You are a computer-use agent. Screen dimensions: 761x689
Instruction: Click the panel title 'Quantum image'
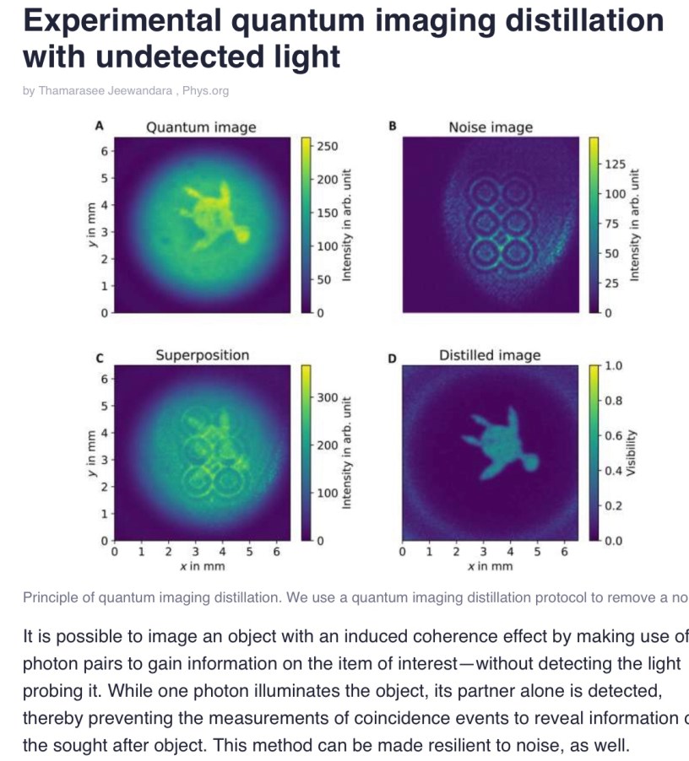point(201,127)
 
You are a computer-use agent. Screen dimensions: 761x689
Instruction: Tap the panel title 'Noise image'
point(491,127)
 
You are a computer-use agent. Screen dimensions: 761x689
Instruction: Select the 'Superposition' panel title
point(202,354)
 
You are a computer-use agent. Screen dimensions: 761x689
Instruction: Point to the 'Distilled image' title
point(490,355)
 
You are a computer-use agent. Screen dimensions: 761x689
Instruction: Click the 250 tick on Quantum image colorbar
point(327,146)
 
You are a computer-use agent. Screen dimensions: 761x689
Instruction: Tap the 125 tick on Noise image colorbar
point(616,163)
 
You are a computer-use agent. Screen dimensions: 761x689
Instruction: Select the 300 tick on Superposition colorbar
point(327,397)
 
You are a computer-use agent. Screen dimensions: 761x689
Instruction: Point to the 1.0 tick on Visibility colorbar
point(614,365)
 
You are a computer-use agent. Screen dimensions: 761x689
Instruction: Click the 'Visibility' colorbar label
point(631,452)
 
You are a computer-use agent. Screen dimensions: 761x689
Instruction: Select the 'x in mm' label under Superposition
point(203,566)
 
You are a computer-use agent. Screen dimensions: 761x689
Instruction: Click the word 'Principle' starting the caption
point(50,597)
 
